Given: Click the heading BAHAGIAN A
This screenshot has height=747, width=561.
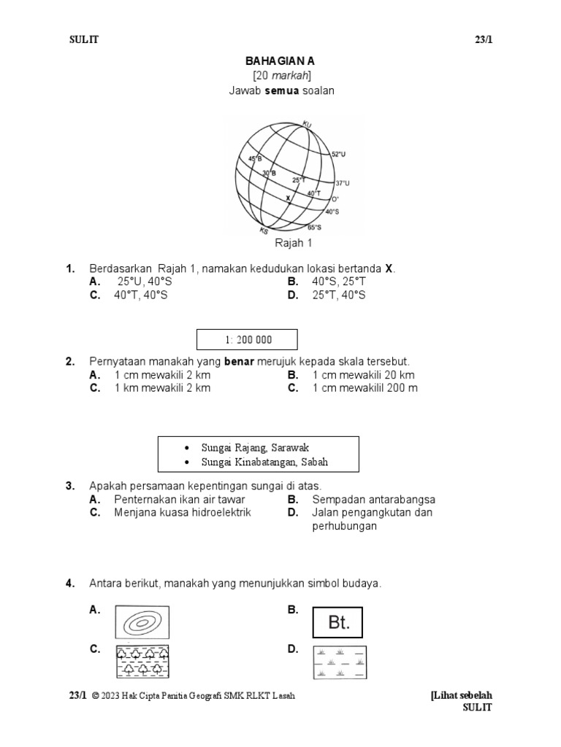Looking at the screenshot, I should (x=281, y=63).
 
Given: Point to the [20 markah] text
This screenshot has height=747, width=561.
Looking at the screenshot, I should (x=281, y=77).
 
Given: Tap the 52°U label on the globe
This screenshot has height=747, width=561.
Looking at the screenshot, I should (x=338, y=155).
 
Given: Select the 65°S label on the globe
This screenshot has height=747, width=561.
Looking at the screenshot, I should (x=315, y=227).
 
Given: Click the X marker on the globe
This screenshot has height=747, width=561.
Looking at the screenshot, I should (x=288, y=198).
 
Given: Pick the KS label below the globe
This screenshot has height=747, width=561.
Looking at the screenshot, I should (x=264, y=232).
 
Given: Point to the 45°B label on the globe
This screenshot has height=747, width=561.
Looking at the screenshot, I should (x=254, y=158).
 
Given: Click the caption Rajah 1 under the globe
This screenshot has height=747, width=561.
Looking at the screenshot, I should (x=292, y=243).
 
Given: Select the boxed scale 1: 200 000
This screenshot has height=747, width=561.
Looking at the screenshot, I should (x=248, y=340).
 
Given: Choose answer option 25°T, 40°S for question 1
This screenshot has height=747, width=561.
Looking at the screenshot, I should (x=339, y=295).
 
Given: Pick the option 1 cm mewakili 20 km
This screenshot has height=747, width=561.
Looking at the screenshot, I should (x=363, y=375).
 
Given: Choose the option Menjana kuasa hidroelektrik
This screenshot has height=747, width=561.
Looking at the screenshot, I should (x=183, y=513).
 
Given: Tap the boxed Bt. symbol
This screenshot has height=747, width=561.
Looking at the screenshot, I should (x=337, y=623).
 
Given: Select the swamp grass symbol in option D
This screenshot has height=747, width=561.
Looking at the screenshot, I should (x=339, y=662).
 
